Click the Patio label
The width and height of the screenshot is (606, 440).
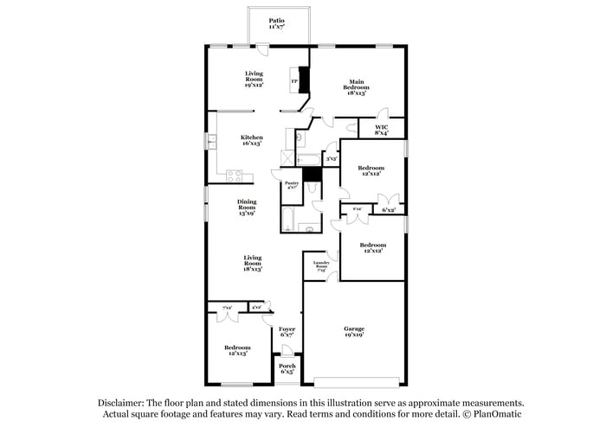click(x=276, y=23)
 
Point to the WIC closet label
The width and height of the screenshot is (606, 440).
click(x=381, y=130)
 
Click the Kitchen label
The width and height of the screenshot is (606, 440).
click(x=252, y=140)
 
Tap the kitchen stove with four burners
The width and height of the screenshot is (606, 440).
click(x=234, y=175)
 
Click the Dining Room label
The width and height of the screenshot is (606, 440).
click(x=248, y=207)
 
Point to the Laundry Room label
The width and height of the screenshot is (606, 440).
click(x=320, y=266)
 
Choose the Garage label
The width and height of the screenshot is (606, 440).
click(x=353, y=331)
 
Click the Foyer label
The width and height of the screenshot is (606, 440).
click(x=287, y=332)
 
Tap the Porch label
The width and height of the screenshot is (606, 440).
click(x=287, y=368)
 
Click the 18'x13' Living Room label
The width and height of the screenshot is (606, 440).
click(x=253, y=263)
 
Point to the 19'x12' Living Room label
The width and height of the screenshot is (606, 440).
click(x=254, y=79)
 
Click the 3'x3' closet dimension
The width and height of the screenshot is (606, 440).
click(x=331, y=159)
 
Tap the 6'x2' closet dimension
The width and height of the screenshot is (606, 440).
click(x=390, y=210)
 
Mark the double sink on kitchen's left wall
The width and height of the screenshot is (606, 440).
click(x=210, y=142)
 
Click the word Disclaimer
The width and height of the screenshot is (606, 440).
click(x=120, y=403)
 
